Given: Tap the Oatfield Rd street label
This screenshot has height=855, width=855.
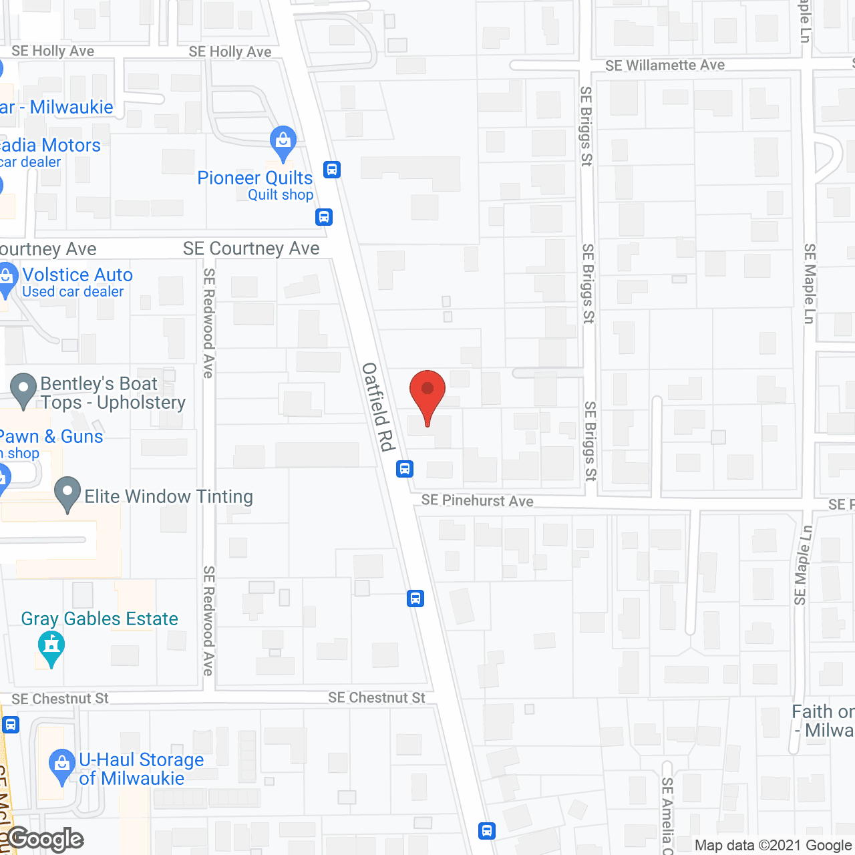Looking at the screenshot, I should pos(378,407).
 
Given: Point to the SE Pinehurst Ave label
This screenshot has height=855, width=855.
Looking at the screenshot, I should pos(477,500).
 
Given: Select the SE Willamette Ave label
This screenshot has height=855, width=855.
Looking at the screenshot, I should pos(665,65).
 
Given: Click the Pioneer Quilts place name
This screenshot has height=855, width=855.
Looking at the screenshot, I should pos(254,178).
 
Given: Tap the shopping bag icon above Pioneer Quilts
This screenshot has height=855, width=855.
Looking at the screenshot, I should pos(283,142).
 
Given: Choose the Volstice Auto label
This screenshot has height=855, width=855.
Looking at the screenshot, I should pos(77,275).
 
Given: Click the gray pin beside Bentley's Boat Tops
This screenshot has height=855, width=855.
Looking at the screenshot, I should pos(24,389).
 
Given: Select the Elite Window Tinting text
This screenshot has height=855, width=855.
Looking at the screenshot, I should pos(168,496).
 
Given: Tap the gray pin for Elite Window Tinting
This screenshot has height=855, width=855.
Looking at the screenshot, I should pos(67,493).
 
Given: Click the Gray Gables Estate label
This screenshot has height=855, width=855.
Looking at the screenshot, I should pos(100,619).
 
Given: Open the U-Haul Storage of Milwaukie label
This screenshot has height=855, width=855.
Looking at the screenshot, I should pos(140,769).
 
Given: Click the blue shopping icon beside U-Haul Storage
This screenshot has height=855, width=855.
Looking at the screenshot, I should pos(62,765).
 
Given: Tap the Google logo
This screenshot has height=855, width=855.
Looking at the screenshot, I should pos(45,839).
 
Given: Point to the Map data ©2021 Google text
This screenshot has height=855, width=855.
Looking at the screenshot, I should pos(774,846).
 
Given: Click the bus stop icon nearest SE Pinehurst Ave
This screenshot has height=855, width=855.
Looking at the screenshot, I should pos(405,468).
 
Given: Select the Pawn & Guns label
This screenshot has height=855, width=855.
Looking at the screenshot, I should pos(51,436).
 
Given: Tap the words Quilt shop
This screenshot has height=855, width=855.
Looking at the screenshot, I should pos(281,194).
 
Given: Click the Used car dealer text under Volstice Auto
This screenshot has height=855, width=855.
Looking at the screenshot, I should pos(73,291).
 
